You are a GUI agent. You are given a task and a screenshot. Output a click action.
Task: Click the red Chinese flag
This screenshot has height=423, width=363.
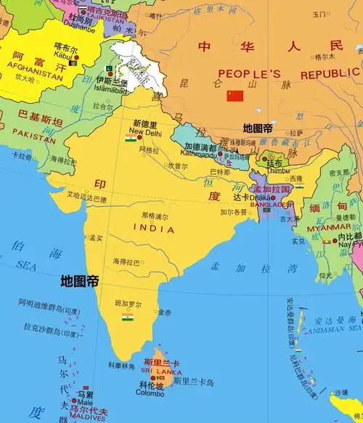coord(234,96)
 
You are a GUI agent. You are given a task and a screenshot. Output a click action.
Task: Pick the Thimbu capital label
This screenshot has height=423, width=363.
coord(275,172)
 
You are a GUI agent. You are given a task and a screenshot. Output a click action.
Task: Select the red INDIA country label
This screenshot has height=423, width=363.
coord(154,229)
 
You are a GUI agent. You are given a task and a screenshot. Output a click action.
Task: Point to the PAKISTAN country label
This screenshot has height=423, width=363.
coord(34,138)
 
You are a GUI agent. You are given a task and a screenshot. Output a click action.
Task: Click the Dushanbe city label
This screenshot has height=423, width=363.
coord(78,30)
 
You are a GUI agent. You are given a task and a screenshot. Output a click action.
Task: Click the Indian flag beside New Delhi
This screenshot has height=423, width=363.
coord(131,138)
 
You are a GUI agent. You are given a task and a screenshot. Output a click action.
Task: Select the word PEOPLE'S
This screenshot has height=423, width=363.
coord(250,75)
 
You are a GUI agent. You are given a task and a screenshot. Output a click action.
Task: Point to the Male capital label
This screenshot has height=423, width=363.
coord(85,401)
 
